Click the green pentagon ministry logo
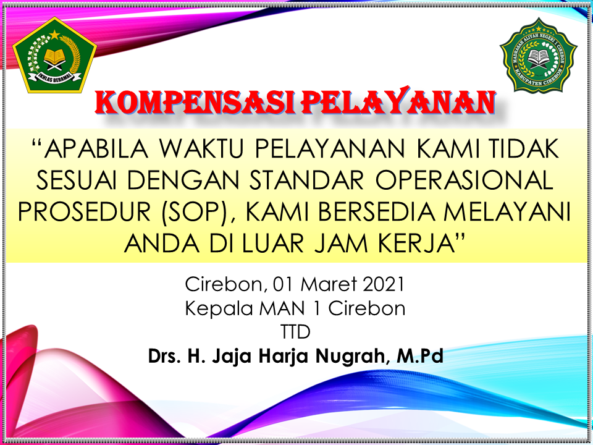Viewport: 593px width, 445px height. point(55,55)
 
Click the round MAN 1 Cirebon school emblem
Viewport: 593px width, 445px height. point(539,55)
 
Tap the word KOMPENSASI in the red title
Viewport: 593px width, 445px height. point(195,102)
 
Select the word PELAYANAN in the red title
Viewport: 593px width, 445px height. point(398,101)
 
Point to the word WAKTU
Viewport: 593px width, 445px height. point(201,149)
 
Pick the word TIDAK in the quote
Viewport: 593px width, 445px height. point(524,149)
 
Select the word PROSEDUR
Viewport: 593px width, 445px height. point(85,212)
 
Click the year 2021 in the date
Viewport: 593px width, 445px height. point(384,284)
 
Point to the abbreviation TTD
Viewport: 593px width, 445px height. point(296,333)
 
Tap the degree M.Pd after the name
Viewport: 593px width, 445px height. point(420,356)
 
